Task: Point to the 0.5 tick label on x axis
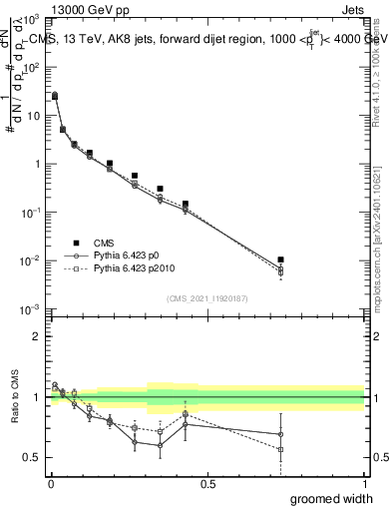click(x=207, y=484)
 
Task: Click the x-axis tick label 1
click(x=364, y=484)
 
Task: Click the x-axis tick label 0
click(x=50, y=484)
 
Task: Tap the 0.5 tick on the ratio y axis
click(x=33, y=457)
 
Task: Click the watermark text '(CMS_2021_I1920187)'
click(x=206, y=296)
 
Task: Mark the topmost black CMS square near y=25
click(x=54, y=96)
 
